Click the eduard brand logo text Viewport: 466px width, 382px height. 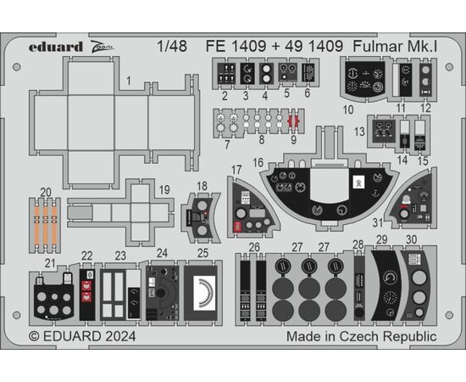(x=56, y=47)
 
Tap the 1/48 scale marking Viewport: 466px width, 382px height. (x=172, y=46)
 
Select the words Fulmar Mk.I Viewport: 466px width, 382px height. (x=395, y=46)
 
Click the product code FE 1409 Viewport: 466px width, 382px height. (x=236, y=46)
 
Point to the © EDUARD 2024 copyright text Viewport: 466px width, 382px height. (x=82, y=336)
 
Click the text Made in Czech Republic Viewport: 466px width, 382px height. (x=362, y=336)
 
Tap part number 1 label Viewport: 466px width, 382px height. (x=129, y=81)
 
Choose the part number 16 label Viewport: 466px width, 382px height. (x=258, y=163)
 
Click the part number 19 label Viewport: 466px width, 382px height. (x=164, y=189)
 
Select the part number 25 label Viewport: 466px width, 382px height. (x=203, y=253)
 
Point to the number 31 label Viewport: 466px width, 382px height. (x=378, y=222)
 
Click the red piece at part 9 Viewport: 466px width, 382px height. (x=294, y=121)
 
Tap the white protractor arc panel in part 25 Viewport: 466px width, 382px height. (x=204, y=293)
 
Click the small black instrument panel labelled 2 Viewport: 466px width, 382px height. (x=226, y=73)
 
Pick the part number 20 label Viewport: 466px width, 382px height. (x=46, y=193)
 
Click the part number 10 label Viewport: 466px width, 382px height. (x=348, y=110)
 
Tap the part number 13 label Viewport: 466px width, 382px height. (x=359, y=132)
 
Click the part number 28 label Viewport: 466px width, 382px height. (x=358, y=244)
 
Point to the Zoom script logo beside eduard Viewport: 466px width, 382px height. (x=102, y=46)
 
